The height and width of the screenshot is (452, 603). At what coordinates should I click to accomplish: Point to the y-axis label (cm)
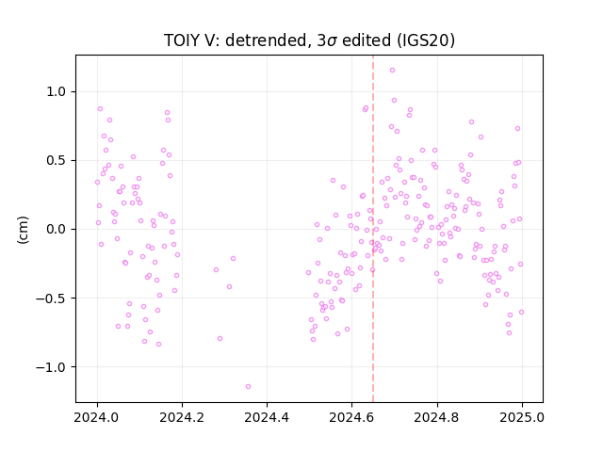point(23,230)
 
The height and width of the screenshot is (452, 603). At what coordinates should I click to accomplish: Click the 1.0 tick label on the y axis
point(57,92)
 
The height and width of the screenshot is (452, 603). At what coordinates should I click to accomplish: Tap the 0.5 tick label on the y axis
point(57,161)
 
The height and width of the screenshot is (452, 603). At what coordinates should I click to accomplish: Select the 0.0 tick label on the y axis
point(57,230)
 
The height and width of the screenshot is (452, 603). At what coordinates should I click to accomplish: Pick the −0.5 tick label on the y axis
point(51,299)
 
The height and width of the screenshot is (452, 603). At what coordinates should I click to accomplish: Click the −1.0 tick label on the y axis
point(51,367)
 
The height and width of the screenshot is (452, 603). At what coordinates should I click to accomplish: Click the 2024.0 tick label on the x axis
point(97,417)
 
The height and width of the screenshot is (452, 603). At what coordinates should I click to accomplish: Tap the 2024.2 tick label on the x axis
point(182,417)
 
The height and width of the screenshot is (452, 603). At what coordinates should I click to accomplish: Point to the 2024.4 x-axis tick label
point(267,417)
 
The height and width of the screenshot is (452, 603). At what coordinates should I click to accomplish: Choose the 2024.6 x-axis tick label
point(351,417)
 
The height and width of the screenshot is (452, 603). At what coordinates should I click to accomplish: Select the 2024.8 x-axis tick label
point(437,417)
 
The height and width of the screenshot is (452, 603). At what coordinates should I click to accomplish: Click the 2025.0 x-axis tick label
point(522,417)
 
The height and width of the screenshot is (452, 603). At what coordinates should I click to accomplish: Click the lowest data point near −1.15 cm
point(248,386)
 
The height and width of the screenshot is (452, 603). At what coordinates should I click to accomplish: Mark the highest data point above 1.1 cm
point(392,70)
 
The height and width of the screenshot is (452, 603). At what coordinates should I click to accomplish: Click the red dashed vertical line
point(373,229)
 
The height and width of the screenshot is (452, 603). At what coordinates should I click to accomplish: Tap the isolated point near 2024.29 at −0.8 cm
point(220,338)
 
